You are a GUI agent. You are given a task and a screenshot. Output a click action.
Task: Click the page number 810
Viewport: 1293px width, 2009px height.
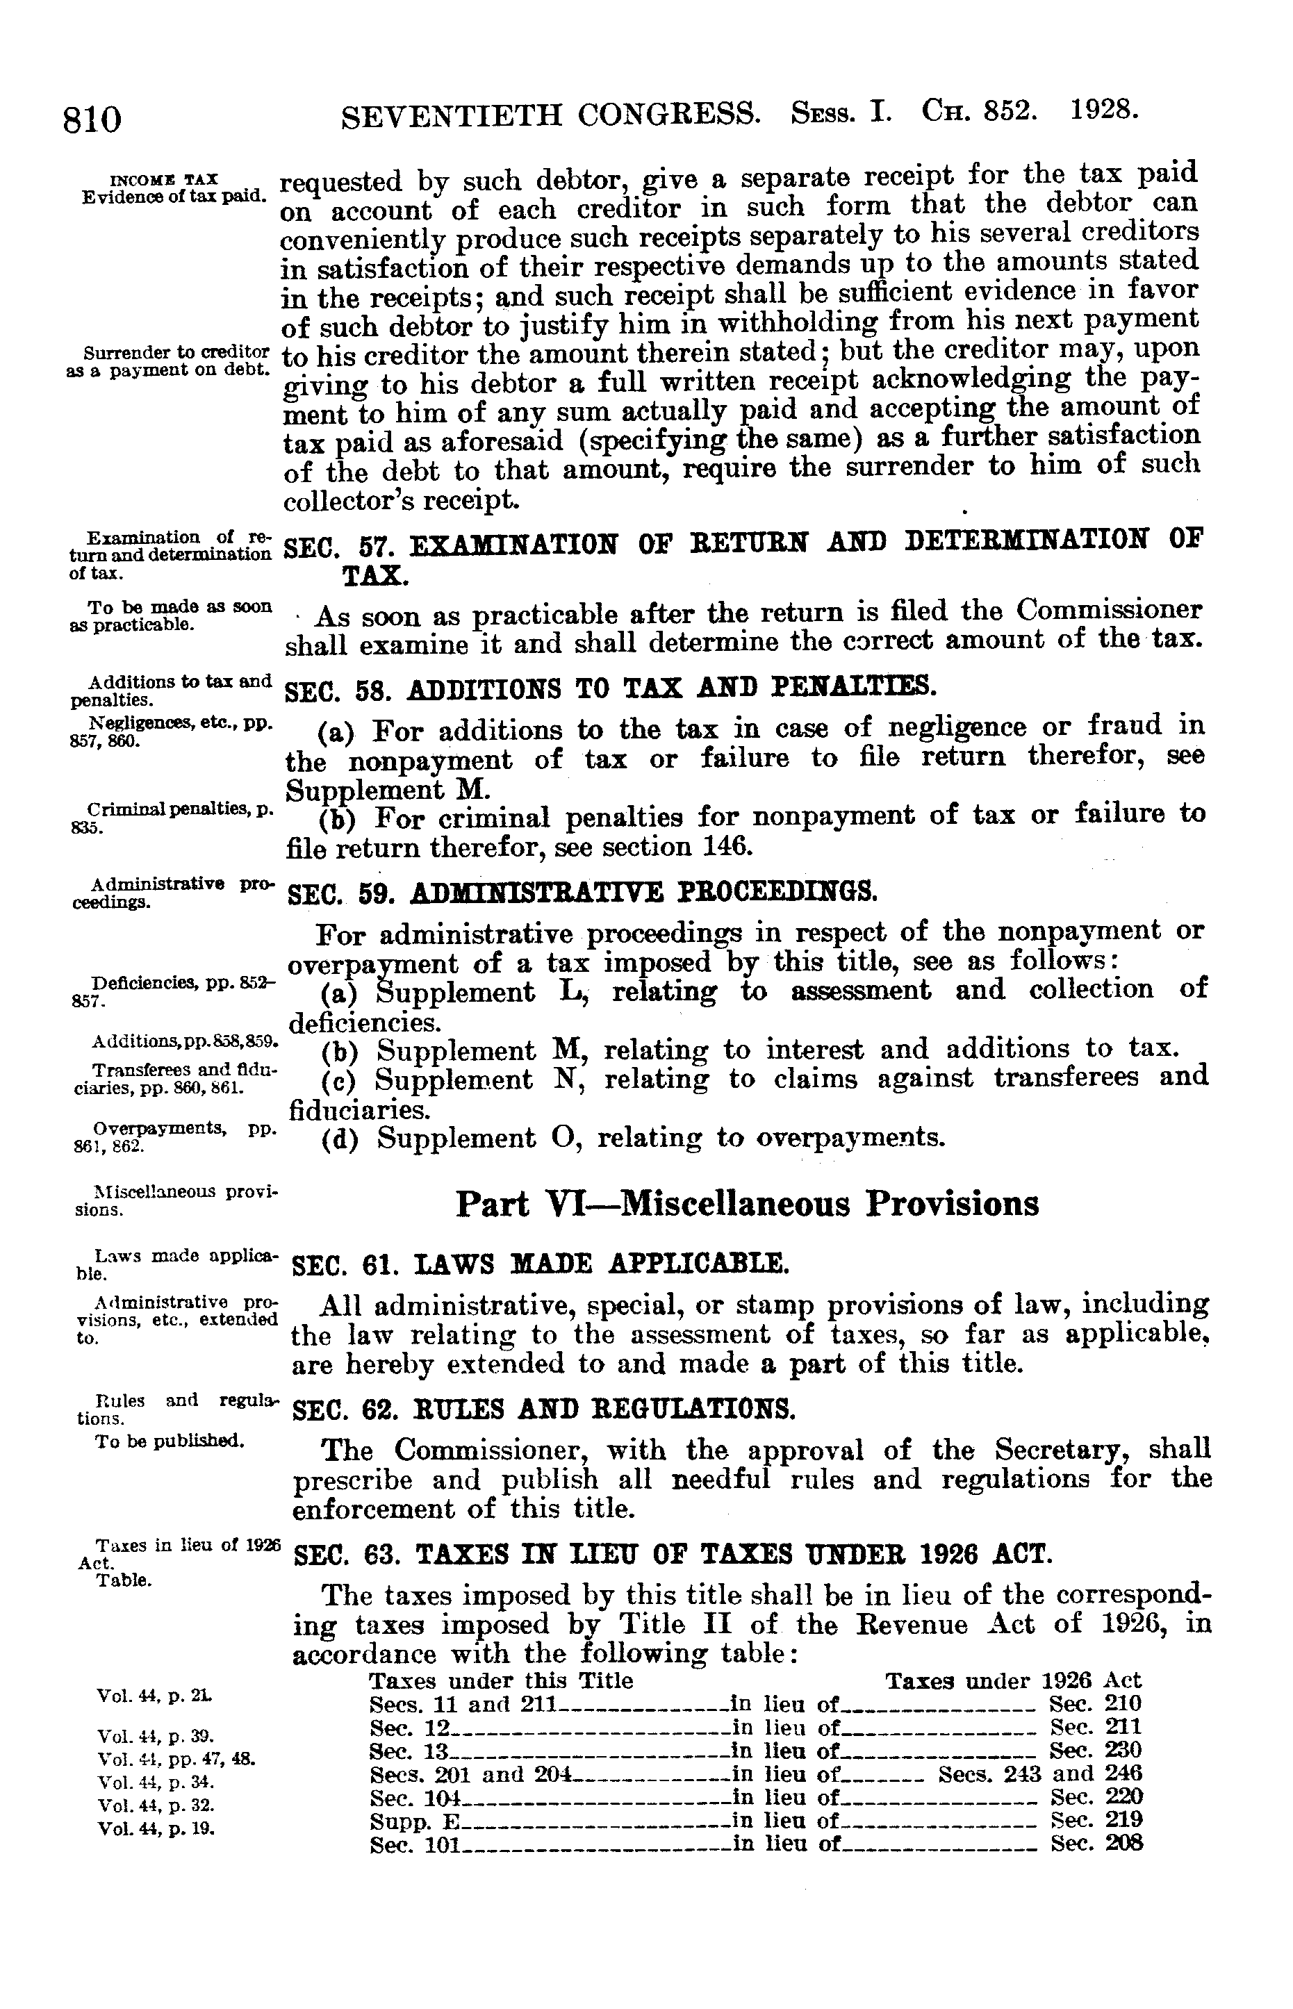(92, 118)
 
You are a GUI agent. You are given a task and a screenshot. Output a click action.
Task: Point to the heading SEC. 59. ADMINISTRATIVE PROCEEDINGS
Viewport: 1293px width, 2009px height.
(582, 891)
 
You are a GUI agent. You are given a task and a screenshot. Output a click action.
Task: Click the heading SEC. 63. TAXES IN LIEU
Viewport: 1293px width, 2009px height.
(672, 1554)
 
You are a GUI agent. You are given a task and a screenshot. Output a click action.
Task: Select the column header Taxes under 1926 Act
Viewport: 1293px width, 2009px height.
(1014, 1680)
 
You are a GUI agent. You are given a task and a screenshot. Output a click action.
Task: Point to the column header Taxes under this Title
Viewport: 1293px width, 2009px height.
(501, 1680)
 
